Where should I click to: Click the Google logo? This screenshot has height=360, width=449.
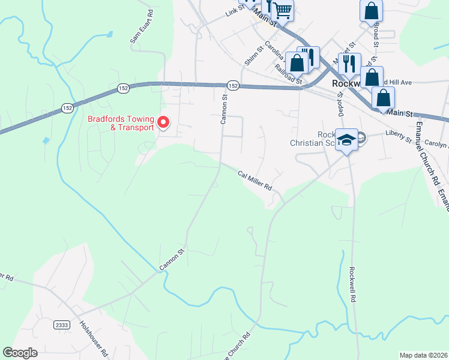(20, 353)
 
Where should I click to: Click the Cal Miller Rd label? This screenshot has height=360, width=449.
(255, 180)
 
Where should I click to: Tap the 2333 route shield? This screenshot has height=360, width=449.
(61, 325)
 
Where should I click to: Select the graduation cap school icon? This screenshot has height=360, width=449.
(346, 140)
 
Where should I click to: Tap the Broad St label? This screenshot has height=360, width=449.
(376, 35)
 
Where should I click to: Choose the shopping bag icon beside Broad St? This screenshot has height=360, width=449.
(372, 11)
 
